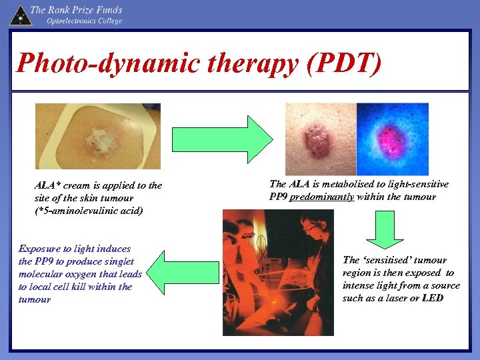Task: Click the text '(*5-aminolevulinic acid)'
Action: [89, 211]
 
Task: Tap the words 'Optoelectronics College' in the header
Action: [84, 21]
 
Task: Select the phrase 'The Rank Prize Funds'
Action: [76, 9]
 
